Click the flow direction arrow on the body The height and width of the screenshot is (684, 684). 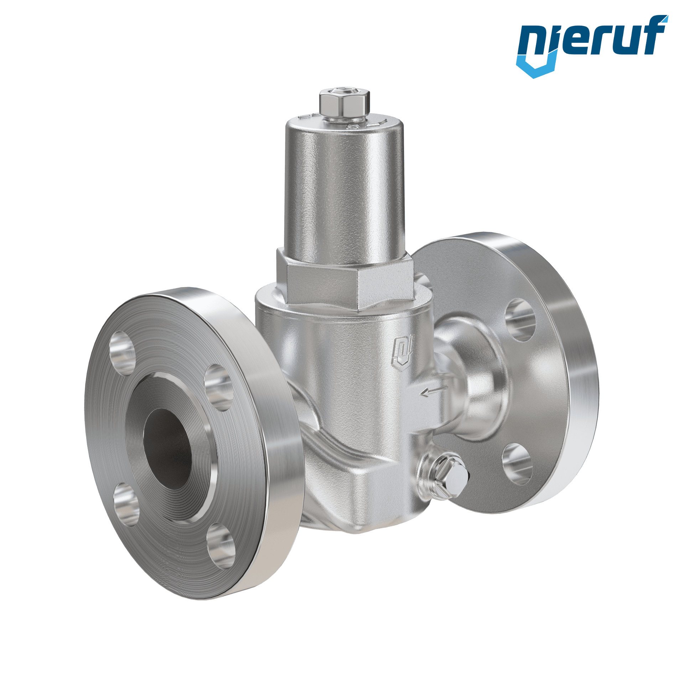coord(434,390)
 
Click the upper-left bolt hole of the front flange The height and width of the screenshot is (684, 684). coord(122,353)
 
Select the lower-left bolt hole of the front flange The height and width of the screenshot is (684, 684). coord(126,504)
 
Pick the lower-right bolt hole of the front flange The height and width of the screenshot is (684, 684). coord(221,547)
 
